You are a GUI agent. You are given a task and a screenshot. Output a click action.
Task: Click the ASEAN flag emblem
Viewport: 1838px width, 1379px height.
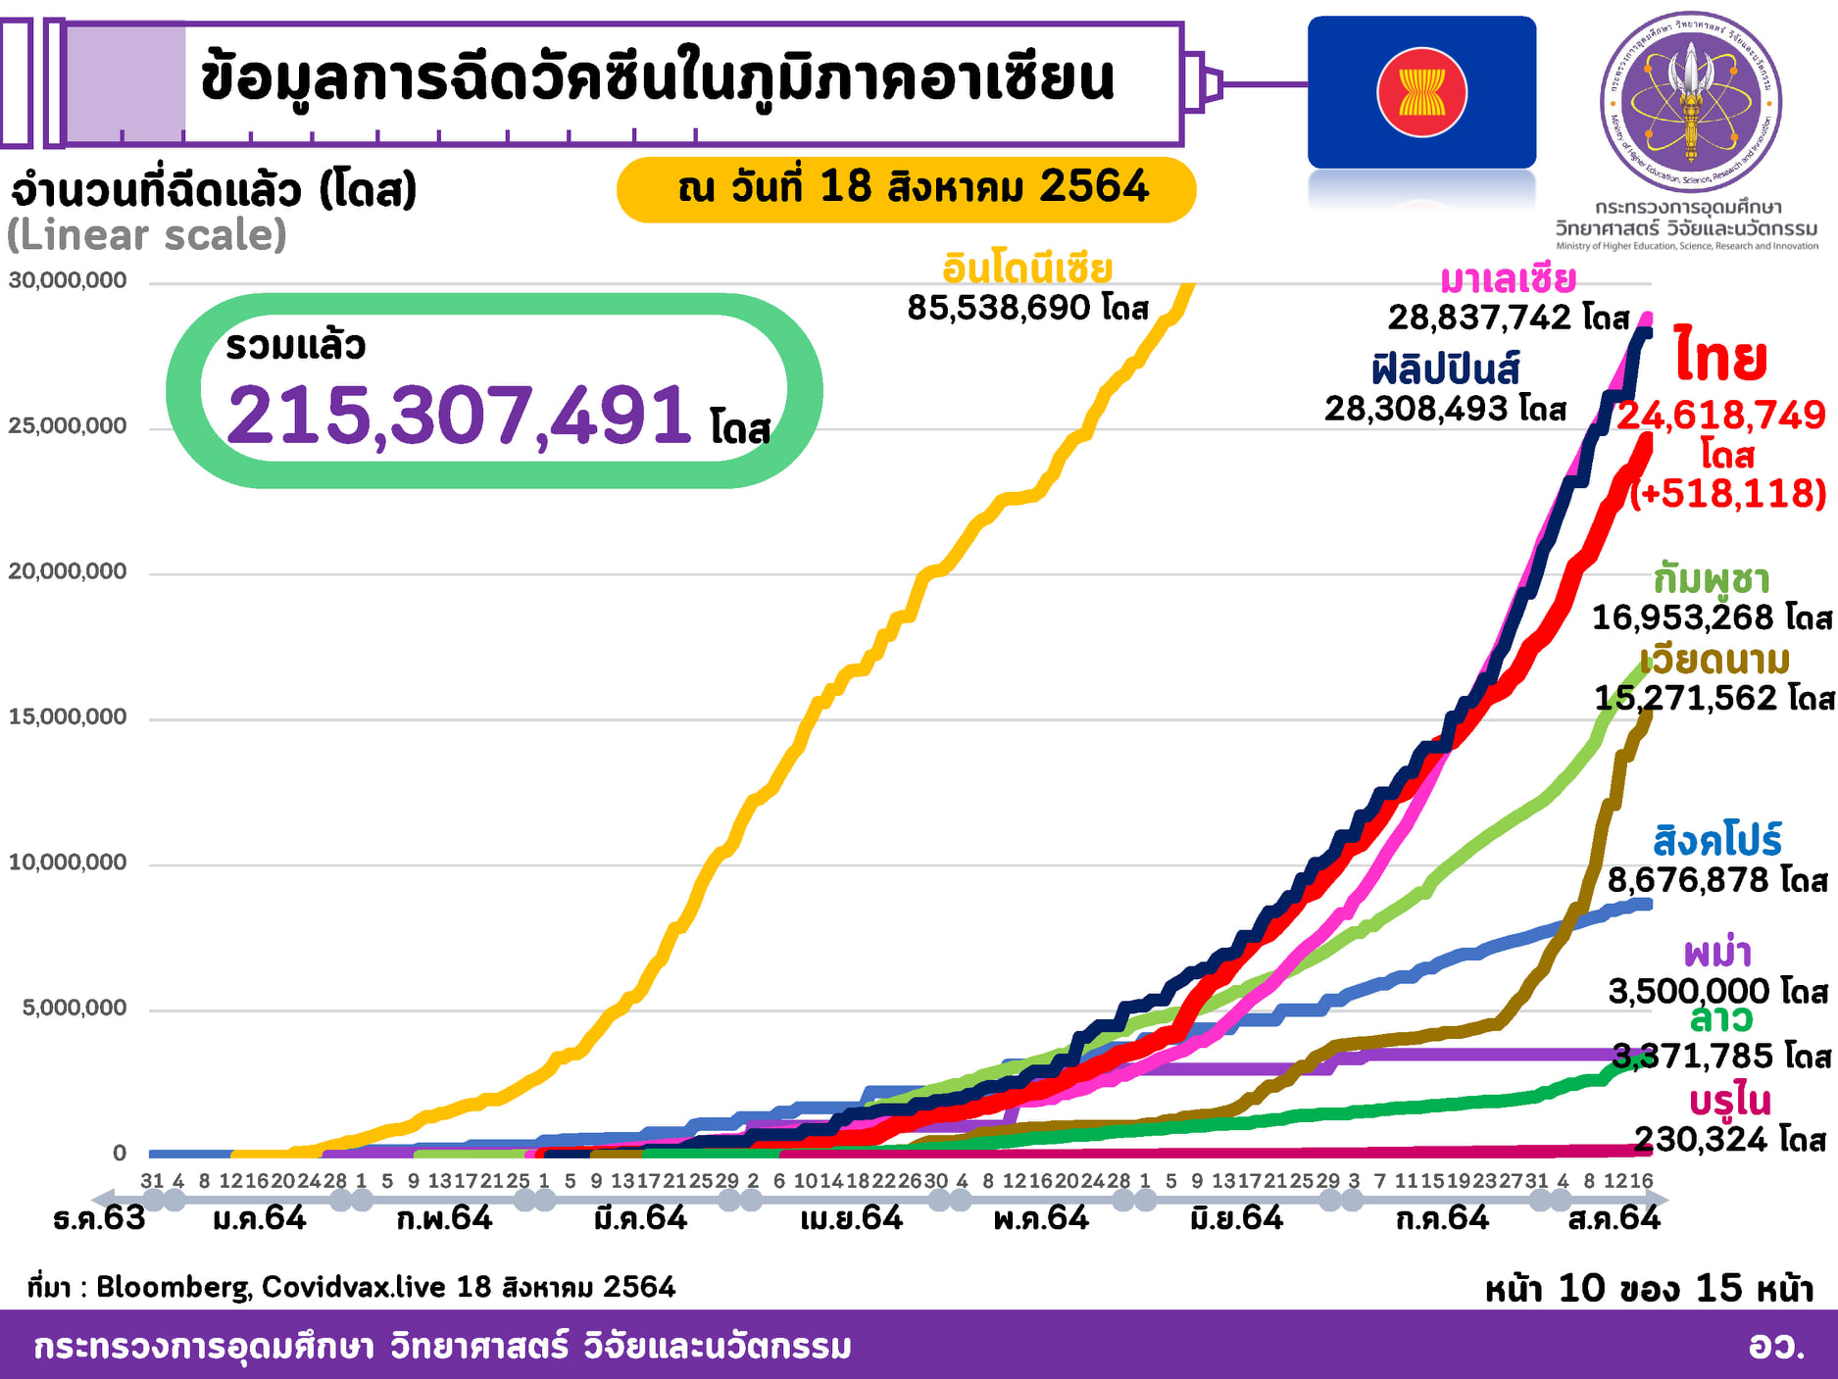(x=1421, y=92)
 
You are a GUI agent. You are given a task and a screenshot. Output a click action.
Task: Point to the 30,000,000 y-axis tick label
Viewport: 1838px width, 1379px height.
(x=68, y=280)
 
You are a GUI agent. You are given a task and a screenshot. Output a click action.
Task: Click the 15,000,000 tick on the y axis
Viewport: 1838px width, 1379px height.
(x=68, y=716)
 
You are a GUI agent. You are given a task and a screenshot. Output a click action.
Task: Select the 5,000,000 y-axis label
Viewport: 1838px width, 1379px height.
(x=75, y=1008)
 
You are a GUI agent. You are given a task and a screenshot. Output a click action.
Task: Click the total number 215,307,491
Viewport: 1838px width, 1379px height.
(x=459, y=416)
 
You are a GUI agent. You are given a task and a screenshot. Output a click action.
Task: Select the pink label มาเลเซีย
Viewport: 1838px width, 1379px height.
(x=1508, y=280)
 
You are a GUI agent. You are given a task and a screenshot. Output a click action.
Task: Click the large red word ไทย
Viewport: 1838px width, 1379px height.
(x=1720, y=358)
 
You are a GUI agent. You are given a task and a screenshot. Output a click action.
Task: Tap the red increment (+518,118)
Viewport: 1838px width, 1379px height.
(x=1727, y=493)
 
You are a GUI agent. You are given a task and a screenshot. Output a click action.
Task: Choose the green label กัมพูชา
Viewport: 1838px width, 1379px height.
(x=1712, y=579)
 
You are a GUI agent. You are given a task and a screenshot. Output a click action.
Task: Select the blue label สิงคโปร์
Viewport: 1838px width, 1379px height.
(x=1716, y=841)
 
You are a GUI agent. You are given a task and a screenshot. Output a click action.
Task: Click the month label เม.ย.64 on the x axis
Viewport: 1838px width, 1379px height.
(x=851, y=1218)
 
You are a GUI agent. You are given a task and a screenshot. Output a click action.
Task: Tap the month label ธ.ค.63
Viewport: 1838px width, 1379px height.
(x=99, y=1218)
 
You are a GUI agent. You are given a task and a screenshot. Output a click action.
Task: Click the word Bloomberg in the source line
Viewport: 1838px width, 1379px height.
(x=173, y=1287)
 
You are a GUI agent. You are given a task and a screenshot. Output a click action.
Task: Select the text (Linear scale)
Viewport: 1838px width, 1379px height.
(x=147, y=235)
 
